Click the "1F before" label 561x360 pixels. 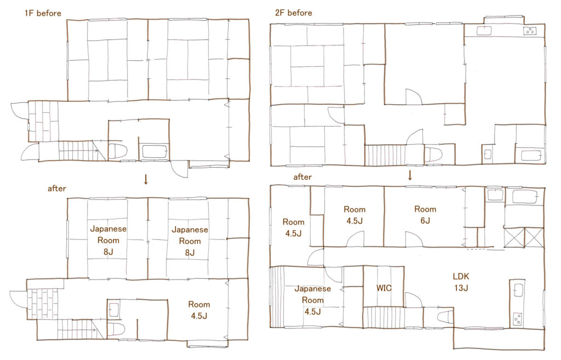pyautogui.click(x=43, y=13)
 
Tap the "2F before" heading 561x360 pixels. pyautogui.click(x=294, y=13)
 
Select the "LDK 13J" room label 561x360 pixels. pyautogui.click(x=461, y=282)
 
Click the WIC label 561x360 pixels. pyautogui.click(x=384, y=288)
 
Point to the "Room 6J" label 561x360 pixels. pyautogui.click(x=425, y=215)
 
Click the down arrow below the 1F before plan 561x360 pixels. pyautogui.click(x=146, y=179)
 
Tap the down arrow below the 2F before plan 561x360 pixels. pyautogui.click(x=410, y=175)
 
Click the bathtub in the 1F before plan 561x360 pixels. pyautogui.click(x=154, y=151)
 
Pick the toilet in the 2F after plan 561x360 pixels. pyautogui.click(x=445, y=317)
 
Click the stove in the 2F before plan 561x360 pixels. pyautogui.click(x=530, y=31)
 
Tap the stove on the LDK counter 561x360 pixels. pyautogui.click(x=517, y=318)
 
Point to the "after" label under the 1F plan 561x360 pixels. pyautogui.click(x=57, y=188)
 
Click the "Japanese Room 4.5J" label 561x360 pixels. pyautogui.click(x=312, y=300)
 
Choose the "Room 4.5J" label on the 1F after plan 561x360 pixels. pyautogui.click(x=199, y=310)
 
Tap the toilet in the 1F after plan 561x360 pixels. pyautogui.click(x=116, y=328)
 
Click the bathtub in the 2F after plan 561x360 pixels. pyautogui.click(x=524, y=197)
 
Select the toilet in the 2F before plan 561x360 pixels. pyautogui.click(x=433, y=155)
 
